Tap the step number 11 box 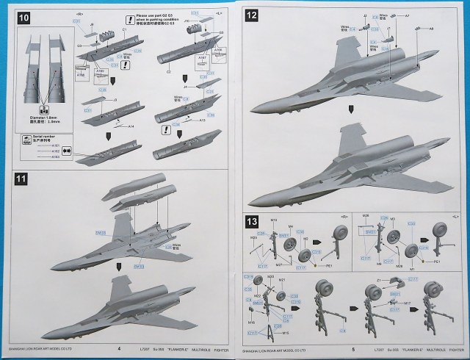coord(21,178)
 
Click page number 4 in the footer coord(118,350)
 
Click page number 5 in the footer coord(353,350)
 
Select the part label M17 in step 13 coord(407,303)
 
